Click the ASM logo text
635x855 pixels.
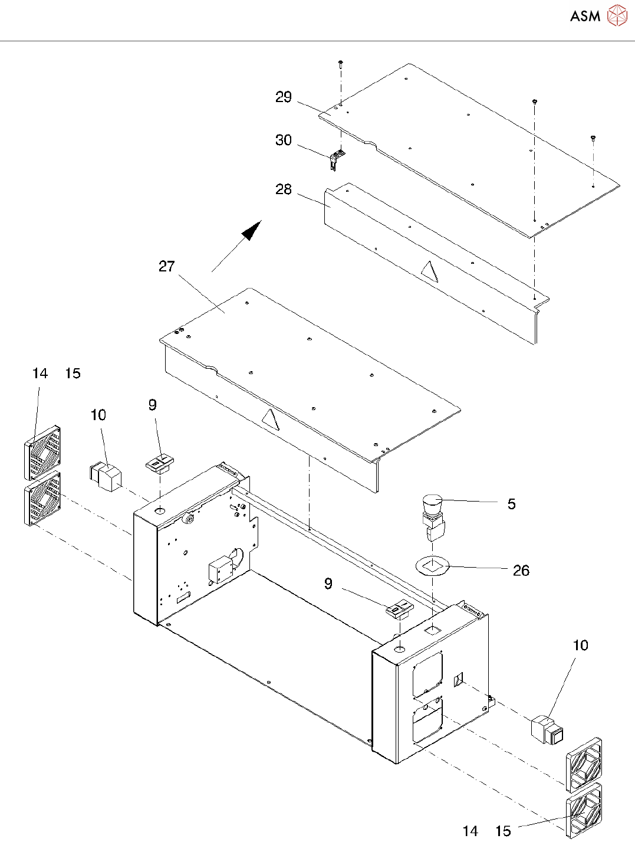coord(585,16)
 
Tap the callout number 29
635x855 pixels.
coord(284,97)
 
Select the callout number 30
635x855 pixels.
coord(284,140)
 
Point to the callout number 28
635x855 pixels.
coord(284,189)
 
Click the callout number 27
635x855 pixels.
coord(167,266)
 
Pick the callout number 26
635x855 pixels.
coord(521,570)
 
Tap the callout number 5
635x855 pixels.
coord(511,504)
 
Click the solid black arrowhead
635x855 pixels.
coord(252,230)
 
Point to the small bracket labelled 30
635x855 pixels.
coord(337,159)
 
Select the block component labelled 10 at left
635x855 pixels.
coord(105,477)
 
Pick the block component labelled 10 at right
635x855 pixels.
coord(547,729)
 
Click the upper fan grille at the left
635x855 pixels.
coord(43,453)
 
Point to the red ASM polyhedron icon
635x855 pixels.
coord(617,15)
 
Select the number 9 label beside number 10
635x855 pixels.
coord(153,405)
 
